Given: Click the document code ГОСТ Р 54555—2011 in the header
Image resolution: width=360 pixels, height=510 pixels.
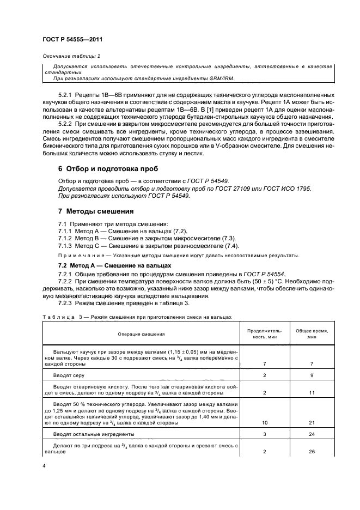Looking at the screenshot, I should (x=72, y=39).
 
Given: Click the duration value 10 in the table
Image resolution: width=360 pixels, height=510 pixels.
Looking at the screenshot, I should (x=264, y=422).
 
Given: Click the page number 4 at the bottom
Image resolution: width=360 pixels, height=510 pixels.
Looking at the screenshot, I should (x=44, y=466).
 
